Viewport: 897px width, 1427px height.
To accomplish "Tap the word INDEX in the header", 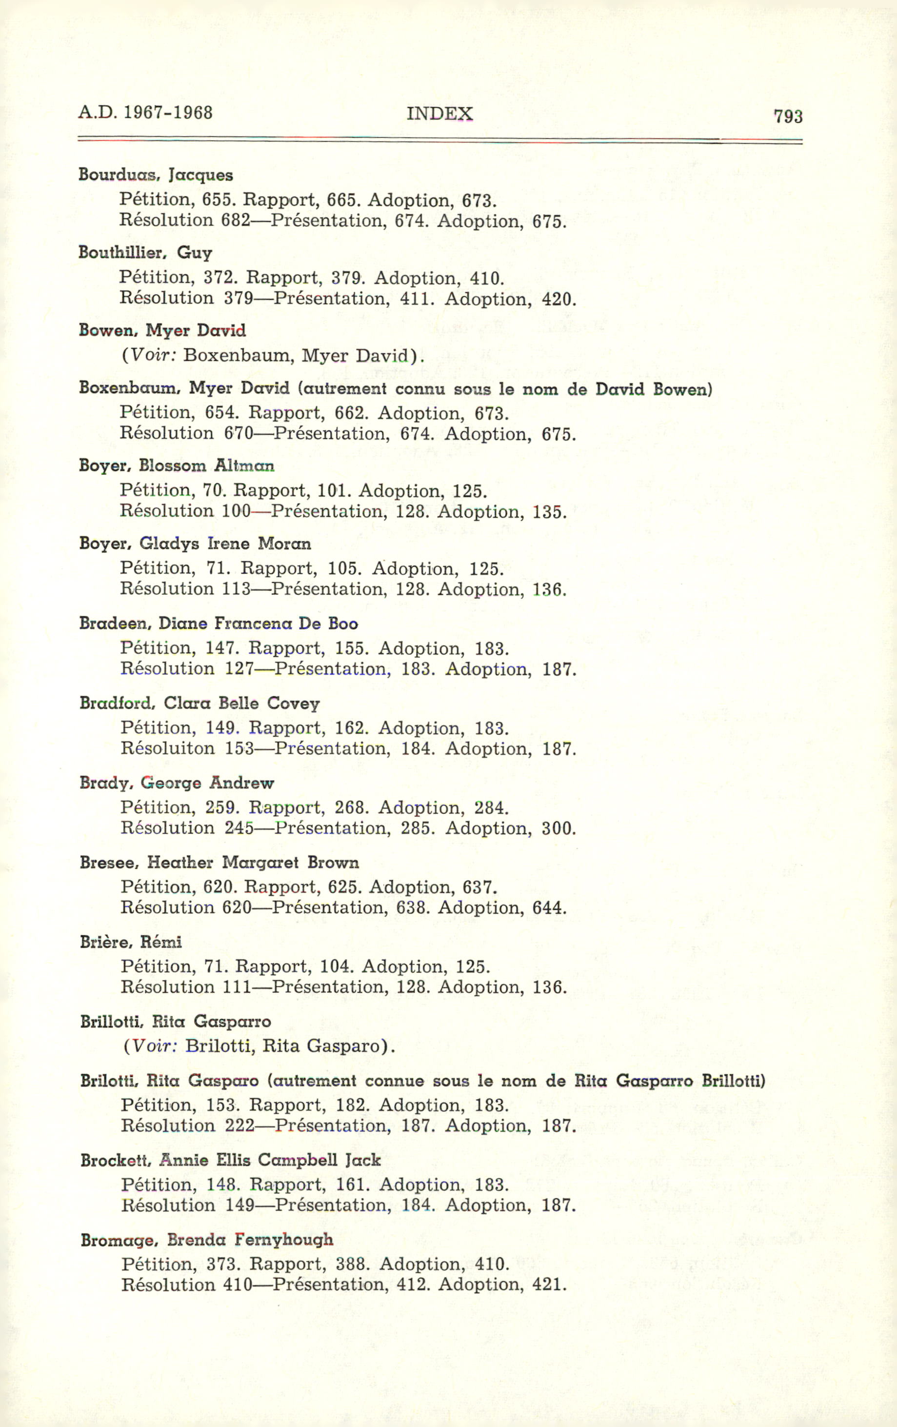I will (x=439, y=113).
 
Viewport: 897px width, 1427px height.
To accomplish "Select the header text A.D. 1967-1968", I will (x=145, y=112).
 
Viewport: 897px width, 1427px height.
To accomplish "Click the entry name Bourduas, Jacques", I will (x=156, y=175).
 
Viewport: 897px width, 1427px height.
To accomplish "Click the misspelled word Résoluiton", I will (x=168, y=748).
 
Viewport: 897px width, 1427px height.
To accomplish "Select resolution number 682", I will (x=236, y=221).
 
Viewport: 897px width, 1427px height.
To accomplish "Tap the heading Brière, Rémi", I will (x=131, y=942).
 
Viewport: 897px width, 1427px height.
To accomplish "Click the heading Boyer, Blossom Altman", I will (x=177, y=465).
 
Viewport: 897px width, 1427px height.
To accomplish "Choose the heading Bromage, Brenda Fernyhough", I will (x=207, y=1239).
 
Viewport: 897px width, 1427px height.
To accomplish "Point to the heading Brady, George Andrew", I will (x=177, y=783).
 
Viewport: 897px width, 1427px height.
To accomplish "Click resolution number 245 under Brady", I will (x=239, y=828).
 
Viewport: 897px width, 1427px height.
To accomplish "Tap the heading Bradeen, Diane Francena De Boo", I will (x=219, y=623).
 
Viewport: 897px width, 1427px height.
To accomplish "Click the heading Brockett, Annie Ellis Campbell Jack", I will (x=231, y=1160).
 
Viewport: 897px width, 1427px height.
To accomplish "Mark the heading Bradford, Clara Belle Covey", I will (x=199, y=703).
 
